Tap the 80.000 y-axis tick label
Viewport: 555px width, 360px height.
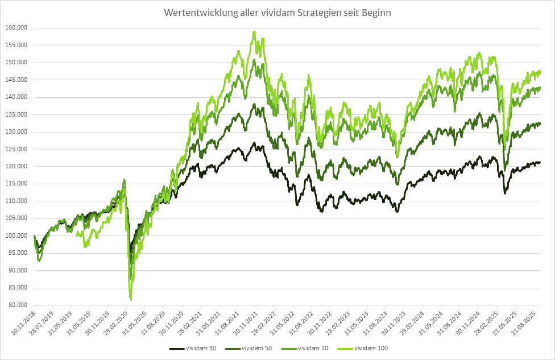[17, 305]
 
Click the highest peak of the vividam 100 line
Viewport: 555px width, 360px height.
[254, 32]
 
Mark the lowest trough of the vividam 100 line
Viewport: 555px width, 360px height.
[131, 299]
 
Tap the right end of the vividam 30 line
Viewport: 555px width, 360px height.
[540, 163]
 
